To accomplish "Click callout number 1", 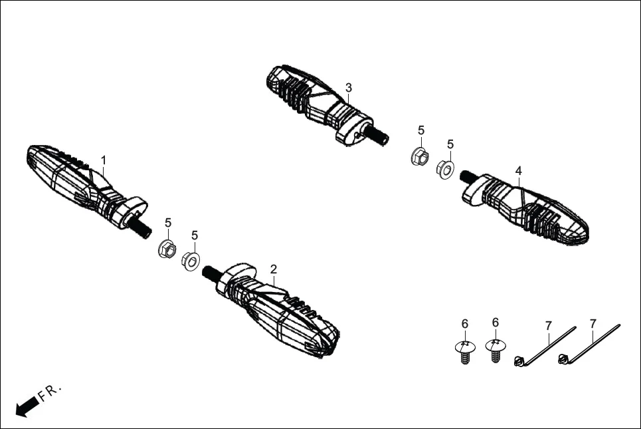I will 104,160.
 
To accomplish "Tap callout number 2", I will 273,269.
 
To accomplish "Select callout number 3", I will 349,87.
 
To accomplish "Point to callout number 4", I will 518,171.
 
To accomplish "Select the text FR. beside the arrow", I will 50,392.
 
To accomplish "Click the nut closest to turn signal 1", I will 167,250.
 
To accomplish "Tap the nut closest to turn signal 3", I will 419,158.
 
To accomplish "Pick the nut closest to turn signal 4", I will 445,170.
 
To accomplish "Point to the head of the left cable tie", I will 520,361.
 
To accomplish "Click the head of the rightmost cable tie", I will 565,360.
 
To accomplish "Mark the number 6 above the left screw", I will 465,323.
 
